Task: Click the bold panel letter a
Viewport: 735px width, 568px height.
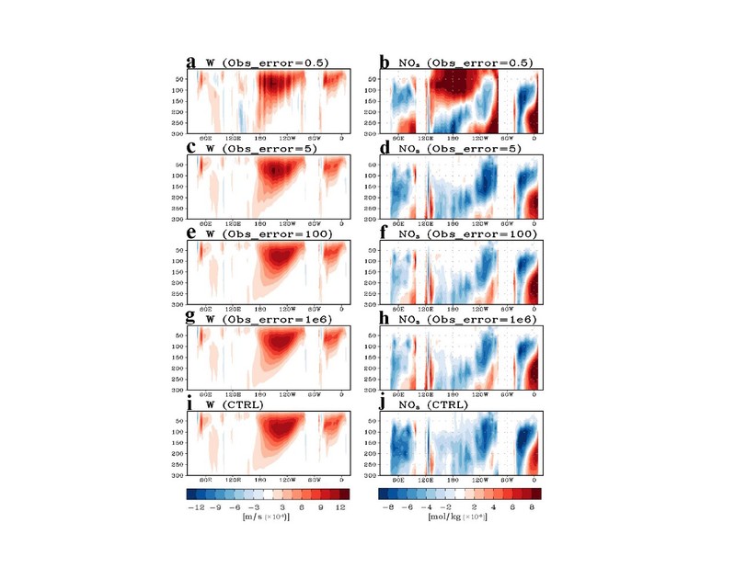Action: pyautogui.click(x=190, y=62)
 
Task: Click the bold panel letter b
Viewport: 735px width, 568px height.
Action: pyautogui.click(x=385, y=62)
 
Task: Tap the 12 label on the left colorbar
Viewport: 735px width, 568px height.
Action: pyautogui.click(x=339, y=506)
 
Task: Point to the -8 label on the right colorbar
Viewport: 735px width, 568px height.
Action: pyautogui.click(x=387, y=506)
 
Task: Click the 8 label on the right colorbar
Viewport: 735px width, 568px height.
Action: pyautogui.click(x=531, y=506)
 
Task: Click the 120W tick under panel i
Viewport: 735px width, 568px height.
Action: pyautogui.click(x=287, y=480)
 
